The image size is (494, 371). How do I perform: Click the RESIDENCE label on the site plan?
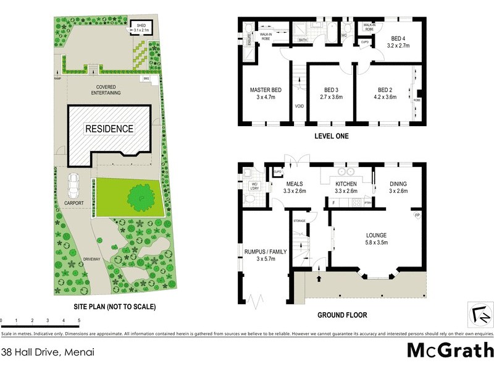pos(109,129)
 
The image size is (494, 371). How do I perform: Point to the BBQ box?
pos(146,79)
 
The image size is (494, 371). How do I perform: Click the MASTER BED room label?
pos(266,90)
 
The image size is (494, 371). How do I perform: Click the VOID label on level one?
pos(299,106)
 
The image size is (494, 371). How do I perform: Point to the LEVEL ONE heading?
pos(332,137)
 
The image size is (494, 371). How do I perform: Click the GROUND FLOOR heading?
pos(342,315)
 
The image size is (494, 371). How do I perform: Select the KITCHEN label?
pos(346,184)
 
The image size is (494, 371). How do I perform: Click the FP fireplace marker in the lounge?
pos(417,215)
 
